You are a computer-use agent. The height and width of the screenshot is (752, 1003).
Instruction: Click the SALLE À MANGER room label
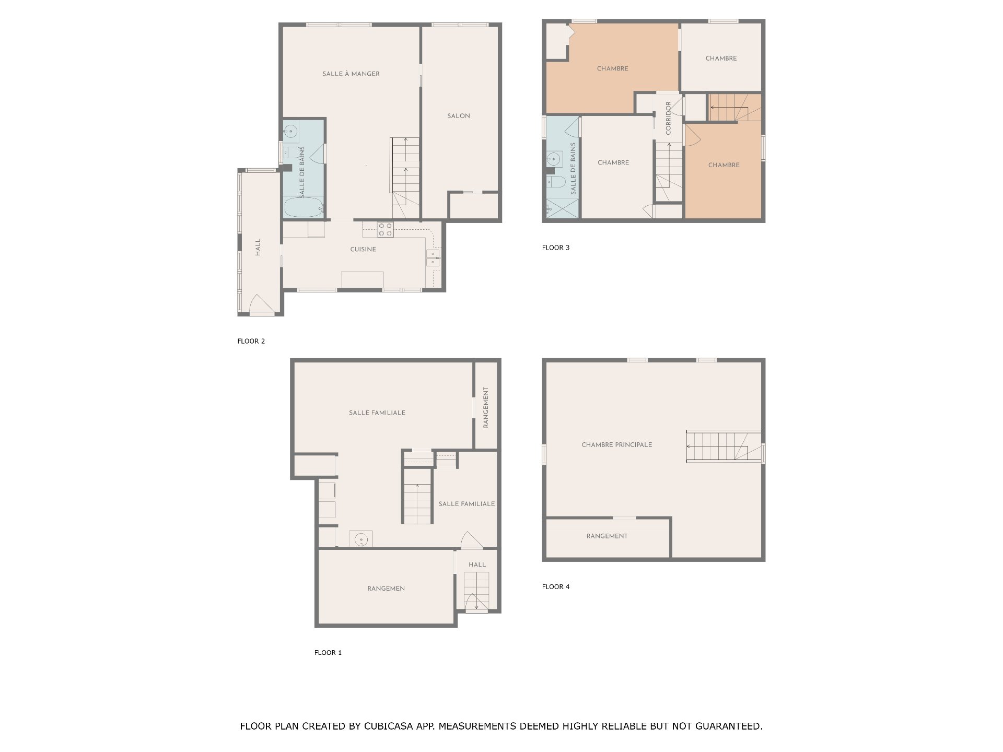[351, 74]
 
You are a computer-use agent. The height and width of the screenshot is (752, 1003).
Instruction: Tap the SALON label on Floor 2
[459, 116]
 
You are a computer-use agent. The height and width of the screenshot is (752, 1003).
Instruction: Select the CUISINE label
[363, 250]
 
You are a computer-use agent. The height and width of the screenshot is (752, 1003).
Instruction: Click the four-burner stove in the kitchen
[386, 230]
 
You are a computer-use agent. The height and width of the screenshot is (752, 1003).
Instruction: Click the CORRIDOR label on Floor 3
[669, 119]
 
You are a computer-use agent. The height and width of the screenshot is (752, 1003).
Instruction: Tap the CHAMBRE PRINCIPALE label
[617, 445]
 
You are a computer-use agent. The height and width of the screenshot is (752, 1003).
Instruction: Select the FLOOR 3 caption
[556, 248]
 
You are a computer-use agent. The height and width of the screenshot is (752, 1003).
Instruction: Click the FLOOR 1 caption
[328, 652]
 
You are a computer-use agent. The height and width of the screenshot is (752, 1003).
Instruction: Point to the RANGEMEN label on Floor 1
[386, 589]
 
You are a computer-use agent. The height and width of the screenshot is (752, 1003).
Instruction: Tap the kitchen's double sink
[433, 257]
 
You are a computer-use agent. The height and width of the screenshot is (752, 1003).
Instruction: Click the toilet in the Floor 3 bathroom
[554, 181]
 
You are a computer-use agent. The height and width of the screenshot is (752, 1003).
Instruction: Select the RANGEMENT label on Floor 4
[607, 536]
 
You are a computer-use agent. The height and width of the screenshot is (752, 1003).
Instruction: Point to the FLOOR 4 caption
[556, 586]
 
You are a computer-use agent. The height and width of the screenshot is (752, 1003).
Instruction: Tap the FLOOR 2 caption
[251, 341]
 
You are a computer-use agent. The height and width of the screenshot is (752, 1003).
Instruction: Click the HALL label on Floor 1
[477, 565]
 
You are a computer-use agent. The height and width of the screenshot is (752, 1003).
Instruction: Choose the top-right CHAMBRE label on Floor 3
[721, 58]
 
